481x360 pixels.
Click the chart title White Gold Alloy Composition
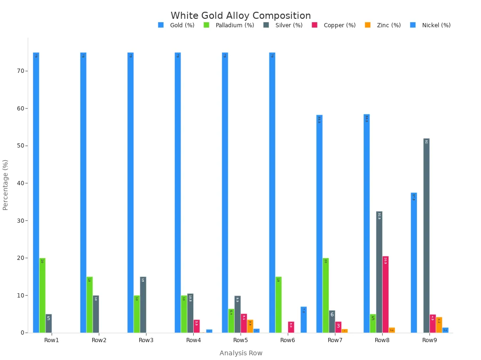(x=240, y=16)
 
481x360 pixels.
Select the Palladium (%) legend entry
(x=234, y=25)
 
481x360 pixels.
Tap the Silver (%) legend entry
(x=288, y=25)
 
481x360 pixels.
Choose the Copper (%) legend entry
(x=339, y=25)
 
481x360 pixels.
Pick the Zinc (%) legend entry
(x=388, y=25)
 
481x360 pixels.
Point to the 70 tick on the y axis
(x=21, y=71)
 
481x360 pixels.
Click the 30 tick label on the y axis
(x=21, y=220)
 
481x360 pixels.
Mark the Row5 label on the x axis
(x=240, y=340)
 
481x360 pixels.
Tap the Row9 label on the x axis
(x=429, y=340)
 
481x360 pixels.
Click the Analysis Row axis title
(x=241, y=353)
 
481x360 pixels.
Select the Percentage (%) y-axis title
(x=6, y=185)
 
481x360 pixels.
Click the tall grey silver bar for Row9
(x=426, y=235)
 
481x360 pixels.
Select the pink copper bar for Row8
(x=386, y=294)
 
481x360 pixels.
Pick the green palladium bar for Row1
(x=42, y=295)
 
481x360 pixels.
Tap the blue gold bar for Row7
(x=319, y=224)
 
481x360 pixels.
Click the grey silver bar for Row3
(x=143, y=305)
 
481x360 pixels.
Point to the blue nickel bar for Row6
(x=304, y=320)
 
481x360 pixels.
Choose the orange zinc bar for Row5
(x=250, y=326)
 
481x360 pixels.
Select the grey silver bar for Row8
(x=379, y=272)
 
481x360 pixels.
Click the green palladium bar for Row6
(x=278, y=305)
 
